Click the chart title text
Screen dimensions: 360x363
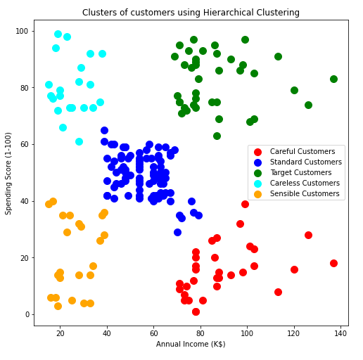click(x=191, y=13)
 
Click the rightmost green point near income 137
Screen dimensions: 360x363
click(x=333, y=79)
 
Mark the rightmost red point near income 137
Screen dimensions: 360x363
click(x=333, y=263)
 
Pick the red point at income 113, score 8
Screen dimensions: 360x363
click(x=278, y=292)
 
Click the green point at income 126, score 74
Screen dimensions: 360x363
click(x=308, y=105)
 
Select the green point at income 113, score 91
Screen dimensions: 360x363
click(x=278, y=56)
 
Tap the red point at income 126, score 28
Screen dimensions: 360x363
click(x=308, y=235)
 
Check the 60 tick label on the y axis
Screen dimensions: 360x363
click(x=23, y=144)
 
